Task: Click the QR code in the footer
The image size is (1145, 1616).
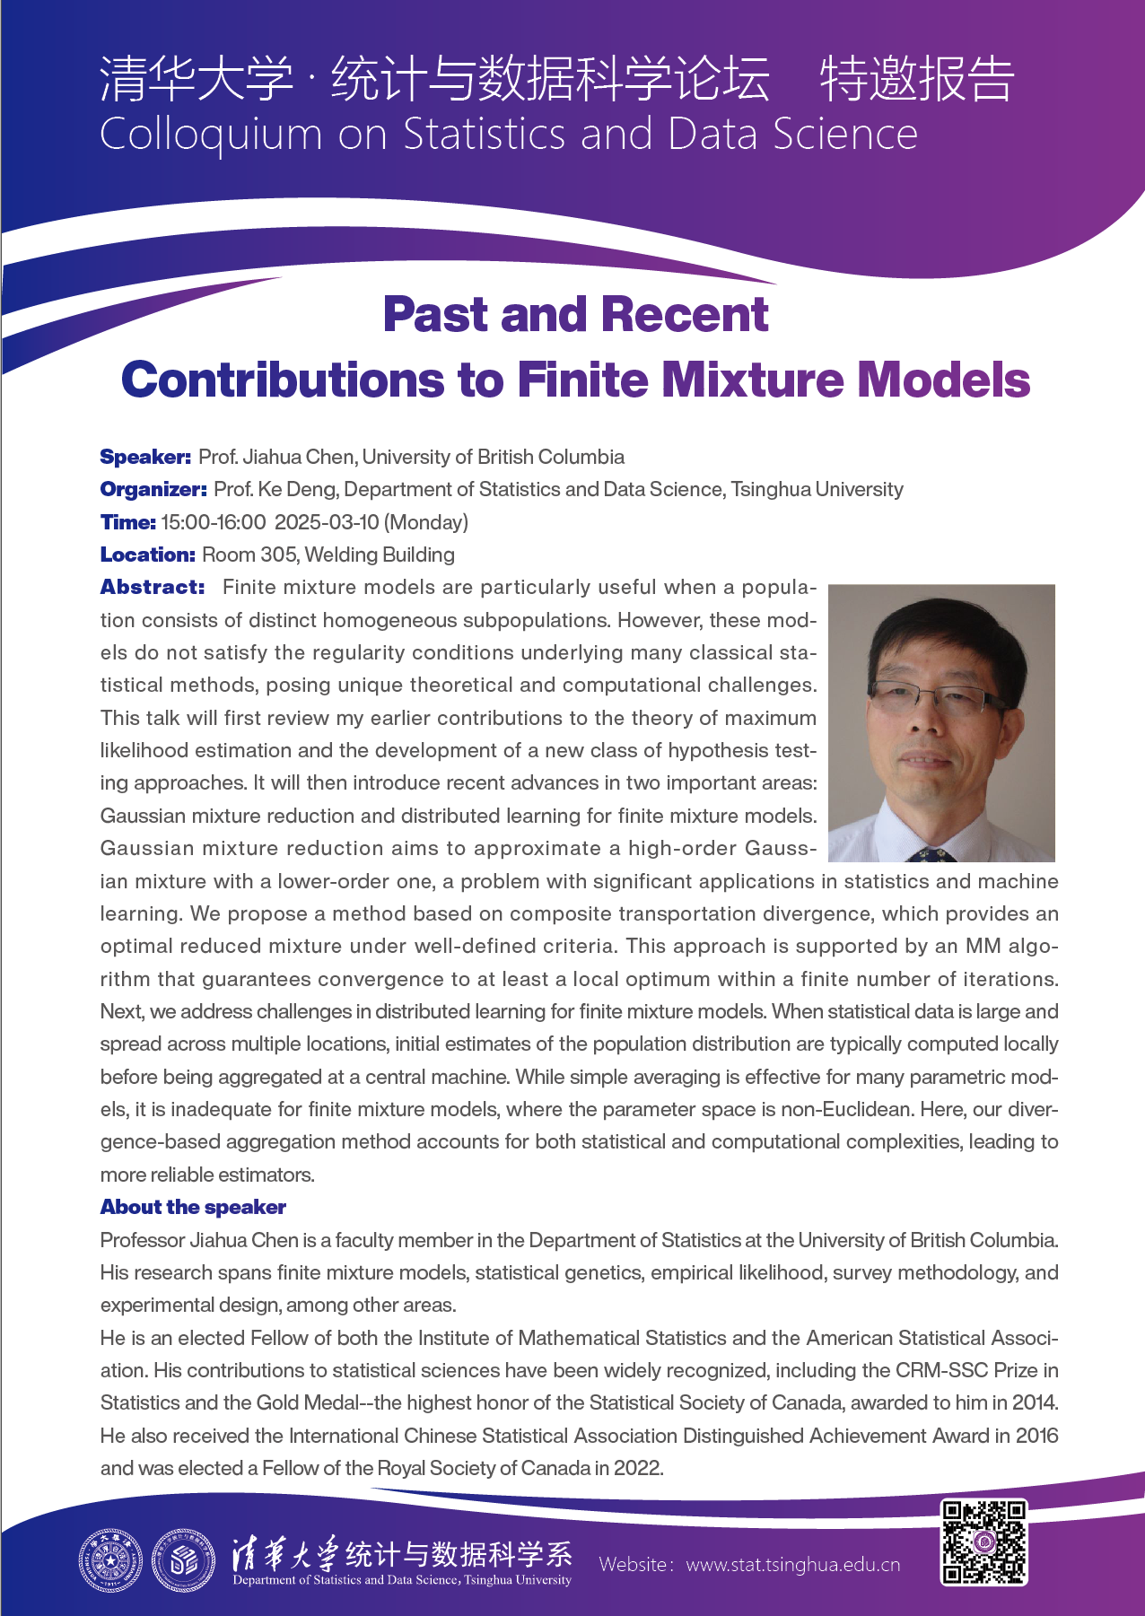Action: click(x=983, y=1542)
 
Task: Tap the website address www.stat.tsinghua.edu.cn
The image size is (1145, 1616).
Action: click(x=792, y=1565)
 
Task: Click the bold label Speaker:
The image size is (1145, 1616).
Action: click(x=145, y=457)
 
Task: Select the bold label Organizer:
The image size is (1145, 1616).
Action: click(x=153, y=489)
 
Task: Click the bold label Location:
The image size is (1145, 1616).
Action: click(x=147, y=555)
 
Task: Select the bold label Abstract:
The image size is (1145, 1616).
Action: click(x=153, y=587)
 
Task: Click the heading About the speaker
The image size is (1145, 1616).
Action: click(x=193, y=1207)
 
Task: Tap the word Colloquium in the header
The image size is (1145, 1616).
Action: click(x=211, y=135)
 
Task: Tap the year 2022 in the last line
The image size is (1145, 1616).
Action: click(x=638, y=1468)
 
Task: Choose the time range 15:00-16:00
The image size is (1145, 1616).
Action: click(x=214, y=522)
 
